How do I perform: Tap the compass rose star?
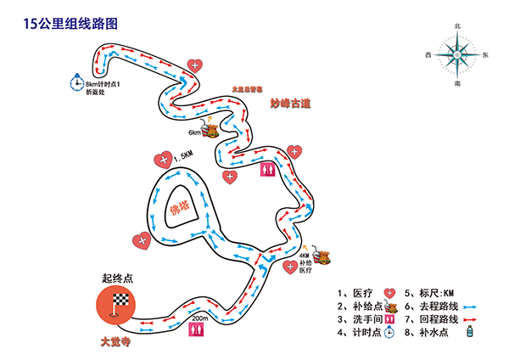click(458, 56)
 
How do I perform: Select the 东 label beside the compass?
click(485, 56)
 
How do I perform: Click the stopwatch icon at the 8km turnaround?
click(76, 83)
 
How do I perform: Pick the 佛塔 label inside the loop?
click(179, 205)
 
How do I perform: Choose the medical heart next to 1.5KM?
click(160, 159)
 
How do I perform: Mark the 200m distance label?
click(200, 318)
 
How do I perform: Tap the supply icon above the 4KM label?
click(322, 255)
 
